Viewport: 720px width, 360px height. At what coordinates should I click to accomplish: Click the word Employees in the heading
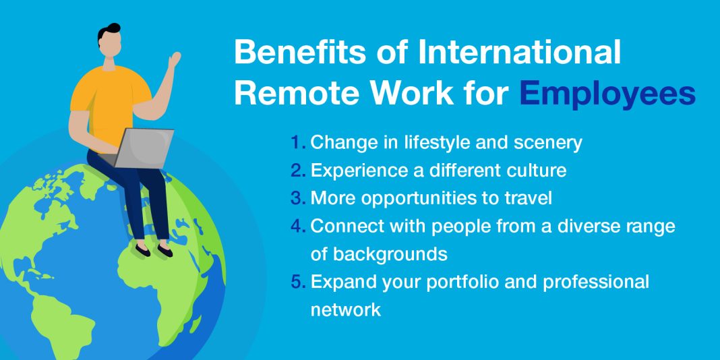pyautogui.click(x=607, y=94)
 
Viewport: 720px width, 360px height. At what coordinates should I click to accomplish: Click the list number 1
pyautogui.click(x=297, y=143)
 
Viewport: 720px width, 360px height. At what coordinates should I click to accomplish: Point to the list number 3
pyautogui.click(x=297, y=198)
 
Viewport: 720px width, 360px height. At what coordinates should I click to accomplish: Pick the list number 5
pyautogui.click(x=297, y=282)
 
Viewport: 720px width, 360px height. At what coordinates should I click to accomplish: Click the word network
pyautogui.click(x=345, y=309)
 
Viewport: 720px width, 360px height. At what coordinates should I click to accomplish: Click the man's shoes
pyautogui.click(x=154, y=250)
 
